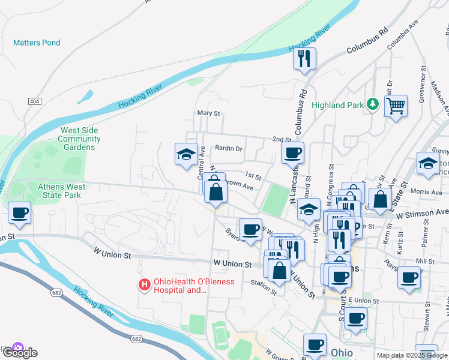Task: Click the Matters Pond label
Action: (37, 43)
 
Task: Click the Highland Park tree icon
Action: (373, 104)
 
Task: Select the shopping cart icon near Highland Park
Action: (396, 107)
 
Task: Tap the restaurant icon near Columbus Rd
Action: (304, 59)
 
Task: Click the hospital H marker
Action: (144, 285)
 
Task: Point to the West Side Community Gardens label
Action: (79, 139)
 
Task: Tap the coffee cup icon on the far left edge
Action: (20, 213)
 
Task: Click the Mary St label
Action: (209, 113)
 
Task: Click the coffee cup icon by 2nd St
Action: (292, 153)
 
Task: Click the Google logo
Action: (19, 352)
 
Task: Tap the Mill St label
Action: (424, 262)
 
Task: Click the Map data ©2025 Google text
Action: (412, 355)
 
